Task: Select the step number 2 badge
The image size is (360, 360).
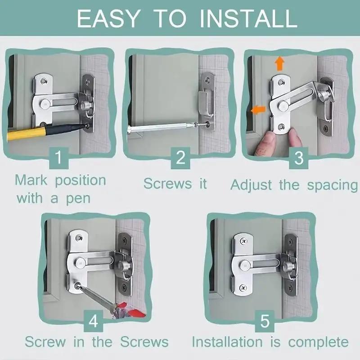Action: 180,157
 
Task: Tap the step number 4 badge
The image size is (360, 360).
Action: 94,321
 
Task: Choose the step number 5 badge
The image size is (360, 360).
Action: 265,321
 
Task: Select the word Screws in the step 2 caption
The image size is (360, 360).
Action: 165,183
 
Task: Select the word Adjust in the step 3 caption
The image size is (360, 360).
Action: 252,185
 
